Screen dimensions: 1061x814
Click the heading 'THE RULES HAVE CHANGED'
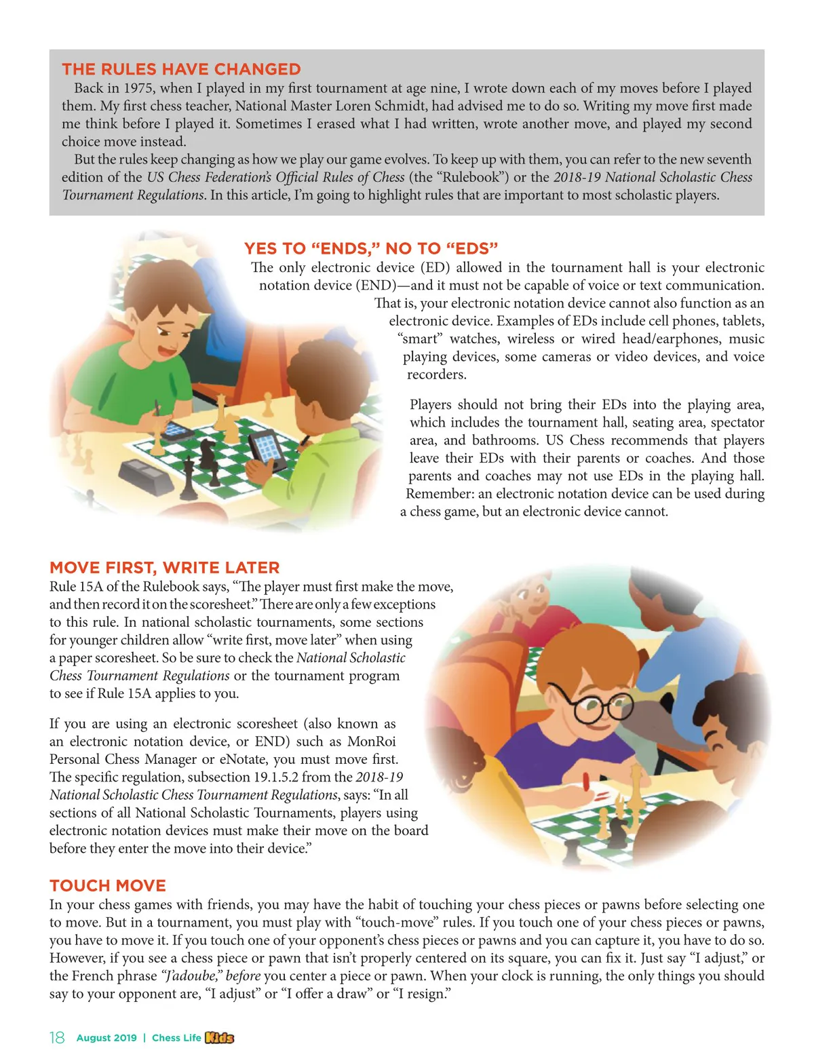[181, 69]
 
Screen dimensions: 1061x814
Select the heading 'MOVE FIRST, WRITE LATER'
[164, 568]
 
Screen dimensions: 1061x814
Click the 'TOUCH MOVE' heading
[108, 885]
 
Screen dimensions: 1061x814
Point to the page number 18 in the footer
[57, 1038]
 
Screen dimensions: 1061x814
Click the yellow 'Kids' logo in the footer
[219, 1038]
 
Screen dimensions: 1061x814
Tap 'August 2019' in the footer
[106, 1038]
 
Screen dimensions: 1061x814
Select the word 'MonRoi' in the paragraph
[372, 741]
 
